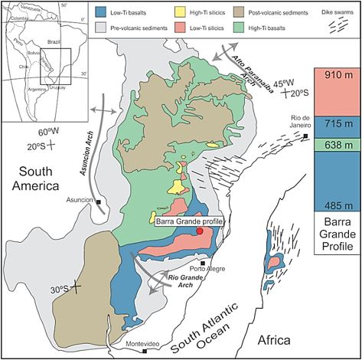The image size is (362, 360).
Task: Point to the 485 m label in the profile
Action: coord(337,205)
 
